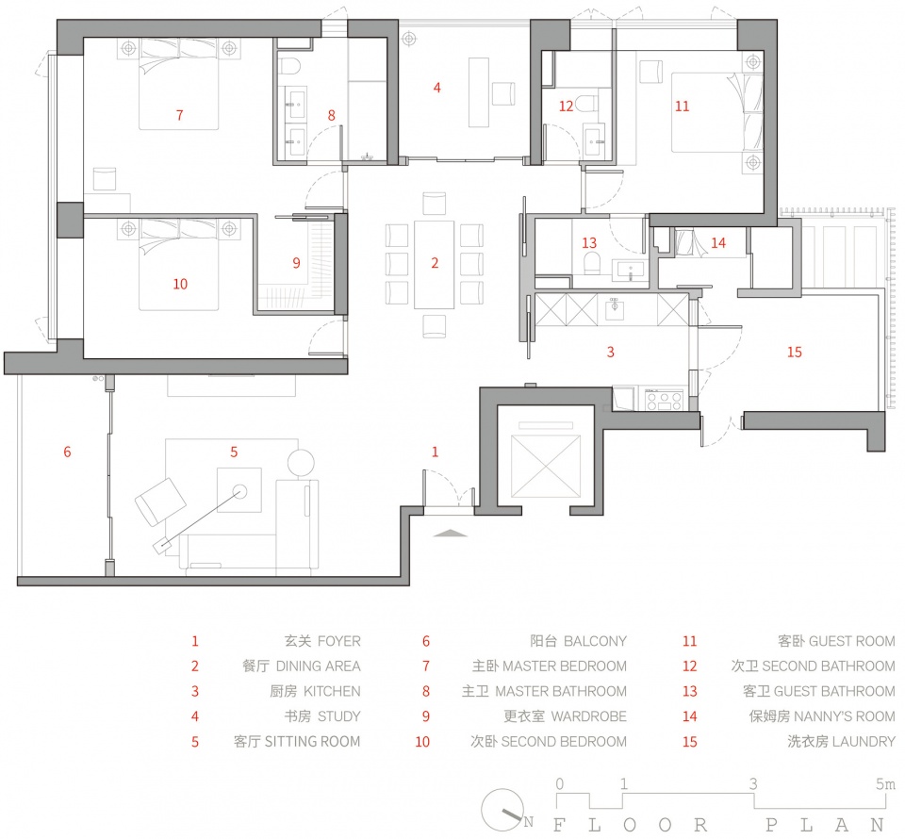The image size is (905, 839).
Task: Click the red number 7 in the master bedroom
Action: [179, 115]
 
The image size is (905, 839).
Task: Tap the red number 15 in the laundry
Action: [794, 352]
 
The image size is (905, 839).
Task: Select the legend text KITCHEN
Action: [332, 691]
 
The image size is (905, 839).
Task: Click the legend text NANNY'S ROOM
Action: [845, 716]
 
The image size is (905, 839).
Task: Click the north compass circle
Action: [502, 810]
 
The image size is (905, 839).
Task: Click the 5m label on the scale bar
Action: [885, 783]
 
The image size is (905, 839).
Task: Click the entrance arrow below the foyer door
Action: [451, 534]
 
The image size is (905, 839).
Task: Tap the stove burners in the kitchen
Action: [664, 400]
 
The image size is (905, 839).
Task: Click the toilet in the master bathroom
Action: [290, 66]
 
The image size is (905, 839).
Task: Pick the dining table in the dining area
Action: [434, 265]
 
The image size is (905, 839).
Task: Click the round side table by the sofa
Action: [301, 464]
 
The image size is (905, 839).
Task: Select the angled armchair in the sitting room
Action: [160, 502]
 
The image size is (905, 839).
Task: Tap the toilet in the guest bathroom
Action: [593, 264]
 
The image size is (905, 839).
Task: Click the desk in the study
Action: [479, 92]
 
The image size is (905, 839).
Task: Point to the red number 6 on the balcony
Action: [67, 452]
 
